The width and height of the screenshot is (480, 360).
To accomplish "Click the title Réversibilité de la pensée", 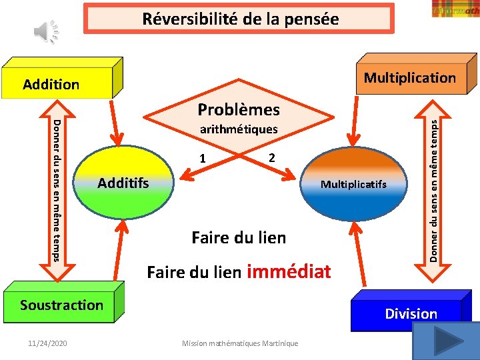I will (x=240, y=19).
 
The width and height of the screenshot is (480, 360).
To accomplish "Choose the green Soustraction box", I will (x=61, y=305).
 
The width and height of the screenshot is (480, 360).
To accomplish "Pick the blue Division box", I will (x=411, y=313).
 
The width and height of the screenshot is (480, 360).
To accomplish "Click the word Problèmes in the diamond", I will (x=239, y=109).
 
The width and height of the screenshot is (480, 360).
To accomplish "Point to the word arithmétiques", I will (x=239, y=129).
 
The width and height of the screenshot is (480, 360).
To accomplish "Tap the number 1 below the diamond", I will (x=203, y=159).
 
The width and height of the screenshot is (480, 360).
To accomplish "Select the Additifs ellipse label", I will (x=123, y=182).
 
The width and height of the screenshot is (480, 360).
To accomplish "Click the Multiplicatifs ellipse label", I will (x=353, y=184).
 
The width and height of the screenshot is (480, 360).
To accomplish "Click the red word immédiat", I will (x=289, y=271).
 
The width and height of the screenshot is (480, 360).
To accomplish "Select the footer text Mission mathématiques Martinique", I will (x=240, y=343).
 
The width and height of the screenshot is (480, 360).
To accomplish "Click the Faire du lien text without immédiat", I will (x=239, y=237).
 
